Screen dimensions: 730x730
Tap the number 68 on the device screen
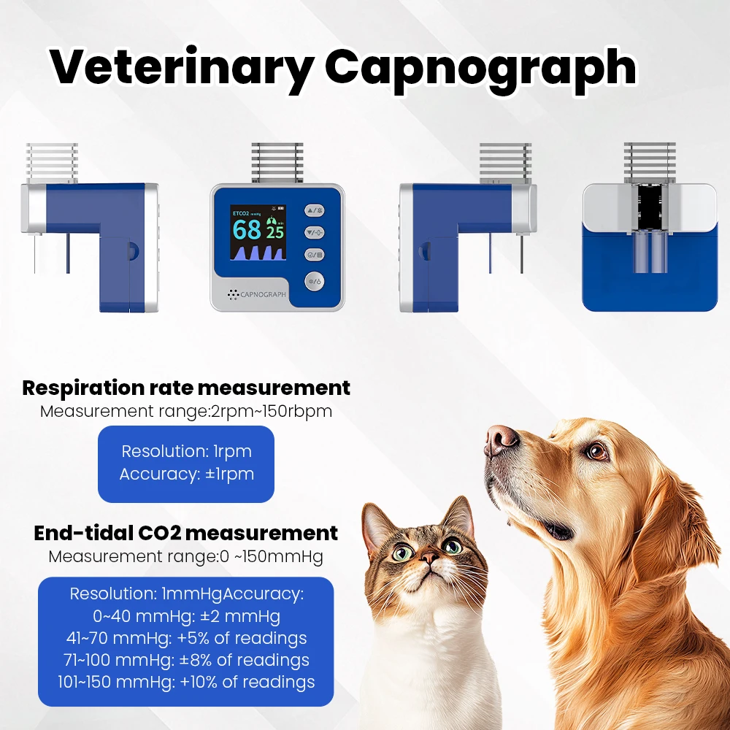[x=247, y=229]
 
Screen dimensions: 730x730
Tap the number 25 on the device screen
[x=275, y=232]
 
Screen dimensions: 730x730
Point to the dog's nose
[x=500, y=439]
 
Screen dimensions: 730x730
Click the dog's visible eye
[x=596, y=450]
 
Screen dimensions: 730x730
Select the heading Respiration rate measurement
[x=186, y=388]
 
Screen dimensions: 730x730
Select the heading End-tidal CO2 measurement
[x=185, y=533]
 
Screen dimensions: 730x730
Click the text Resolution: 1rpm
[x=186, y=451]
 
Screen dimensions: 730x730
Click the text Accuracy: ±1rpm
[x=187, y=474]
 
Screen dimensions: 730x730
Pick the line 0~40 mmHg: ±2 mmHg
[x=186, y=616]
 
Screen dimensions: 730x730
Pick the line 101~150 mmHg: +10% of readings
[x=186, y=682]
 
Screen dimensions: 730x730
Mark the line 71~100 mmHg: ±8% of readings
[x=186, y=660]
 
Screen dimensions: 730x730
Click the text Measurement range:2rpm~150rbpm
[x=186, y=412]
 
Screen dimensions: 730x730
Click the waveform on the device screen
[x=258, y=253]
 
